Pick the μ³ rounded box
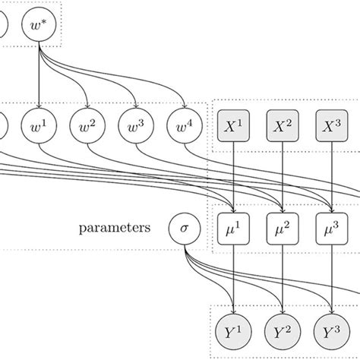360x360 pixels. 330,227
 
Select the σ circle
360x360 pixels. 184,227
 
